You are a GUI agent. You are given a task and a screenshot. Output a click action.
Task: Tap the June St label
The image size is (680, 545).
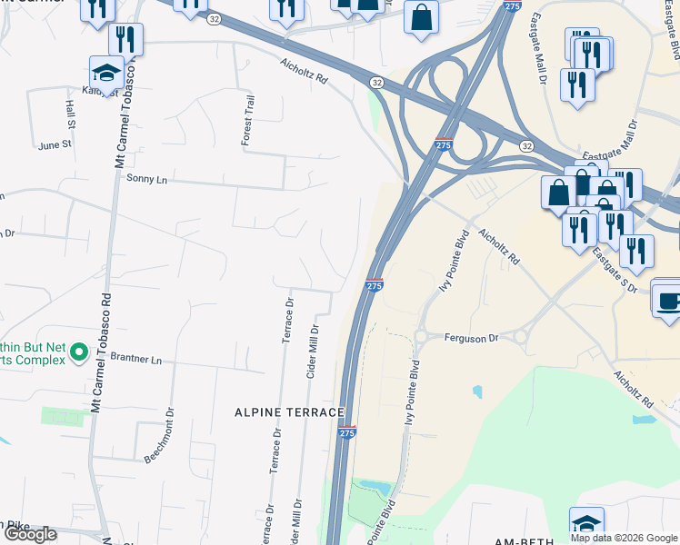pyautogui.click(x=55, y=144)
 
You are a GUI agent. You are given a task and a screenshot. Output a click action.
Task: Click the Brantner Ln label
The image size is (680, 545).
pyautogui.click(x=135, y=360)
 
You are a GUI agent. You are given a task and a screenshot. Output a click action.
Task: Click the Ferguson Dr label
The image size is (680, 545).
pyautogui.click(x=472, y=338)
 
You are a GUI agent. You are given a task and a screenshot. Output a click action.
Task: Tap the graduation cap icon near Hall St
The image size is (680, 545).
pyautogui.click(x=106, y=72)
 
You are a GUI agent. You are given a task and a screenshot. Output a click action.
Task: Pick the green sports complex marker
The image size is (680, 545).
pyautogui.click(x=79, y=351)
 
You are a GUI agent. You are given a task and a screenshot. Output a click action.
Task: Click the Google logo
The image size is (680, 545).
pyautogui.click(x=30, y=534)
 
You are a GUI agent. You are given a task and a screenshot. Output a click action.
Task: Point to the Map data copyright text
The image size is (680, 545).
pyautogui.click(x=624, y=538)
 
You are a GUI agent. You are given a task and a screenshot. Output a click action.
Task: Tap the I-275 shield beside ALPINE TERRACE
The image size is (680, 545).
pyautogui.click(x=346, y=434)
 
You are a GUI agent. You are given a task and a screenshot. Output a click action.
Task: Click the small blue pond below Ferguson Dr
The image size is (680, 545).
pyautogui.click(x=477, y=392)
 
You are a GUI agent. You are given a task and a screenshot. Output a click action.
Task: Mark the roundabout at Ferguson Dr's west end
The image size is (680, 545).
pyautogui.click(x=422, y=338)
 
